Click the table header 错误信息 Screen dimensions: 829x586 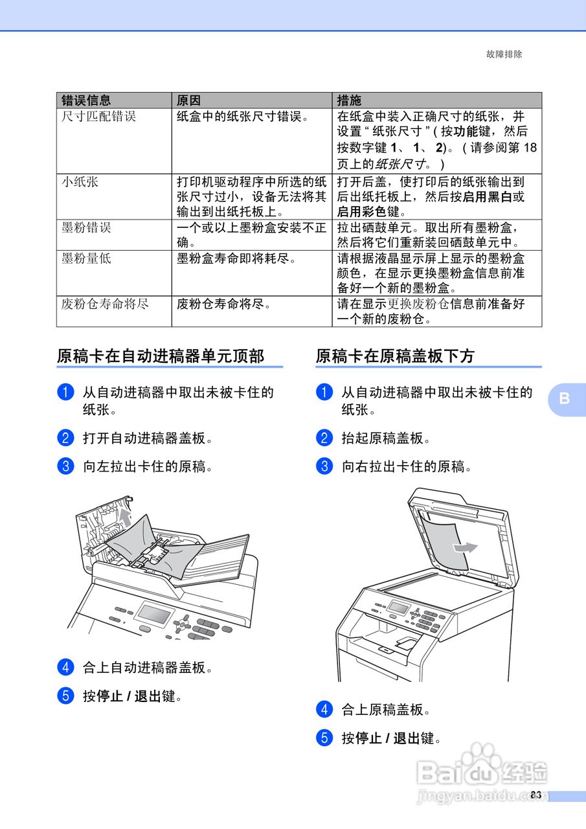86,100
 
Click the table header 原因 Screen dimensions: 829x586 189,100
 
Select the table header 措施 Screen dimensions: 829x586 350,100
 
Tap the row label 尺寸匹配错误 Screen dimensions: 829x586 98,117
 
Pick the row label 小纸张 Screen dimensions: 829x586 80,182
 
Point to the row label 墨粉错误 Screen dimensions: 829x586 86,227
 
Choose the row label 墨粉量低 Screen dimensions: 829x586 86,258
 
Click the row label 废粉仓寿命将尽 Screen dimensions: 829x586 105,303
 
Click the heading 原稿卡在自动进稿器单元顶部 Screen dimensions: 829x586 161,356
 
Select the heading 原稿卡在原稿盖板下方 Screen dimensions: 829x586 395,356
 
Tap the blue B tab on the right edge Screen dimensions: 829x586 565,398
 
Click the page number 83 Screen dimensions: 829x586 535,795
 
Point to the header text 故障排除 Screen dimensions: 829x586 504,54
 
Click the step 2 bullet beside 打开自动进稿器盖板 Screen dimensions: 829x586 65,438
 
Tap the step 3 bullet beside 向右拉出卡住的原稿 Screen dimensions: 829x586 324,466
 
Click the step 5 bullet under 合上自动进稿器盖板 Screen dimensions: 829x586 65,696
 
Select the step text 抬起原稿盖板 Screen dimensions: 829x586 385,438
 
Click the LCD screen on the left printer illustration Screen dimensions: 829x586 154,613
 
